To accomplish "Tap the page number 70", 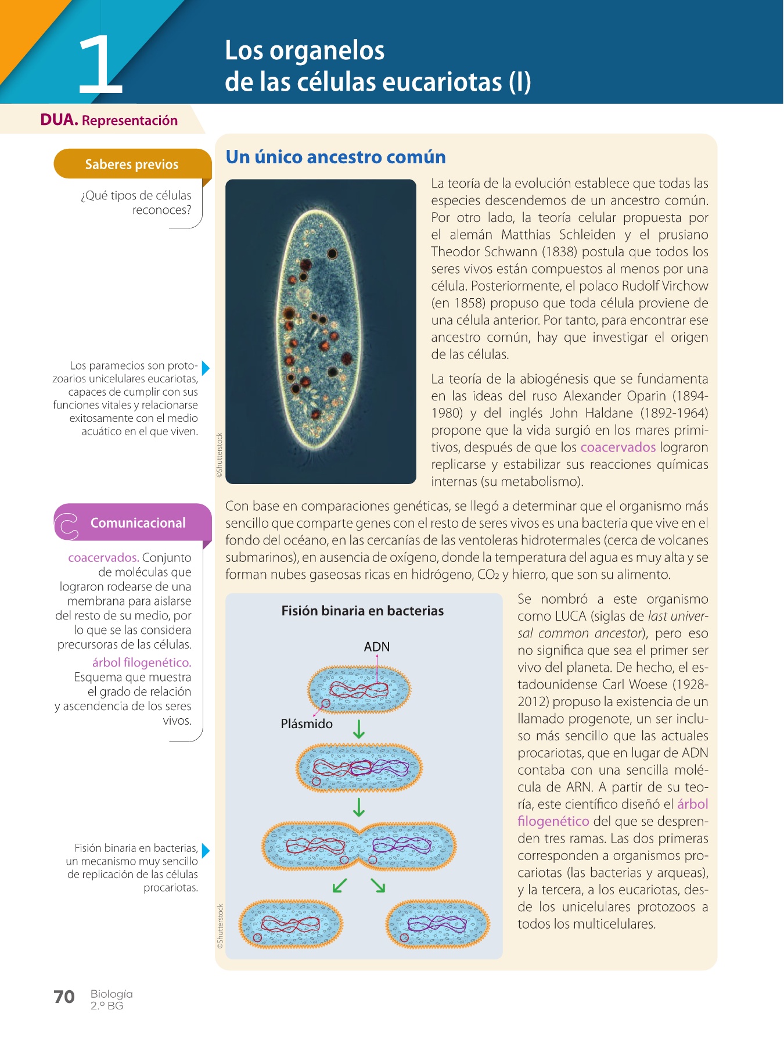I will coord(64,997).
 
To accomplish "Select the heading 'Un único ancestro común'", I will coord(336,157).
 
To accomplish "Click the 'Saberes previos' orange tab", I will coord(132,164).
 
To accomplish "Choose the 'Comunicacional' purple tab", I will coord(138,522).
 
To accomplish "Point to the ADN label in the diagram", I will coord(376,647).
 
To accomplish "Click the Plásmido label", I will coord(307,723).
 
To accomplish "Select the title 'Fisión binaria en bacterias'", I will coord(362,611).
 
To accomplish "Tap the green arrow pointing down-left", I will coord(340,885).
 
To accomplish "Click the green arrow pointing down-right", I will coord(378,885).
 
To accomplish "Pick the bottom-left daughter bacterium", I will coord(291,924).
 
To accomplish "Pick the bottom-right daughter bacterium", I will coord(437,924).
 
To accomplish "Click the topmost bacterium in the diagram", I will coord(359,689).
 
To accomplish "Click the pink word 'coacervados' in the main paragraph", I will coord(618,447).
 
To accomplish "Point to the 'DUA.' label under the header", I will coord(59,120).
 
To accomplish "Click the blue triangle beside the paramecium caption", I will coord(205,368).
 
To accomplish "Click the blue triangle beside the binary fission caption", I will coord(205,850).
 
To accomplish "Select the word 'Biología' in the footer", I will coord(112,994).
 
